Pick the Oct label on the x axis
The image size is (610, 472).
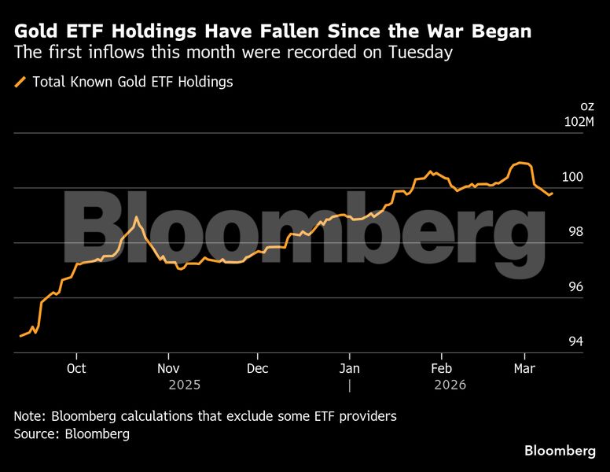pyautogui.click(x=76, y=368)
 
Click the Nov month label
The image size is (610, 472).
pyautogui.click(x=167, y=368)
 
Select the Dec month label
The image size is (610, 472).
pyautogui.click(x=258, y=368)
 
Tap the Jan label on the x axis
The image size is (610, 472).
pyautogui.click(x=350, y=368)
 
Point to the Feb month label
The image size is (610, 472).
pyautogui.click(x=442, y=368)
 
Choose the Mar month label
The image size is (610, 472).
pyautogui.click(x=524, y=368)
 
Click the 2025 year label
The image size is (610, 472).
pyautogui.click(x=184, y=385)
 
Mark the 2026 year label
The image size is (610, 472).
pyautogui.click(x=450, y=385)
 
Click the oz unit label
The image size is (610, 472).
pyautogui.click(x=587, y=105)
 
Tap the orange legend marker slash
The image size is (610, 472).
pyautogui.click(x=20, y=82)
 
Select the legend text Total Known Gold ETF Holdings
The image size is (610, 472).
pyautogui.click(x=132, y=82)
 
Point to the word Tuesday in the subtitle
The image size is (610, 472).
pyautogui.click(x=423, y=53)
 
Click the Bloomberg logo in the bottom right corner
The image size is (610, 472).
pyautogui.click(x=560, y=451)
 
